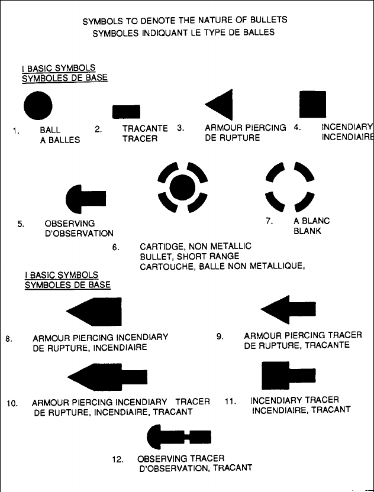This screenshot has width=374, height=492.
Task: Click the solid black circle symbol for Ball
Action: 38,107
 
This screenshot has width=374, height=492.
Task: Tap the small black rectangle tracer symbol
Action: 123,112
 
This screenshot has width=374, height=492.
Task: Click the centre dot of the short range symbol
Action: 182,188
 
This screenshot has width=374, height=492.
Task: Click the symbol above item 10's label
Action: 107,376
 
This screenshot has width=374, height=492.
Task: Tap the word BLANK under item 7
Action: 307,231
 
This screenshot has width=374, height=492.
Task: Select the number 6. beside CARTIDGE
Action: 116,246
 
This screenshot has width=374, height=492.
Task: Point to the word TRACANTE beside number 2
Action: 145,128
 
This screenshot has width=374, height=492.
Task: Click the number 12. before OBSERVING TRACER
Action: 117,458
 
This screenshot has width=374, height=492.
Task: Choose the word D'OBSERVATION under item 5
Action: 79,233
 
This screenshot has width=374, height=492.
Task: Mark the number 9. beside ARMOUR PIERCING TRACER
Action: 220,336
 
